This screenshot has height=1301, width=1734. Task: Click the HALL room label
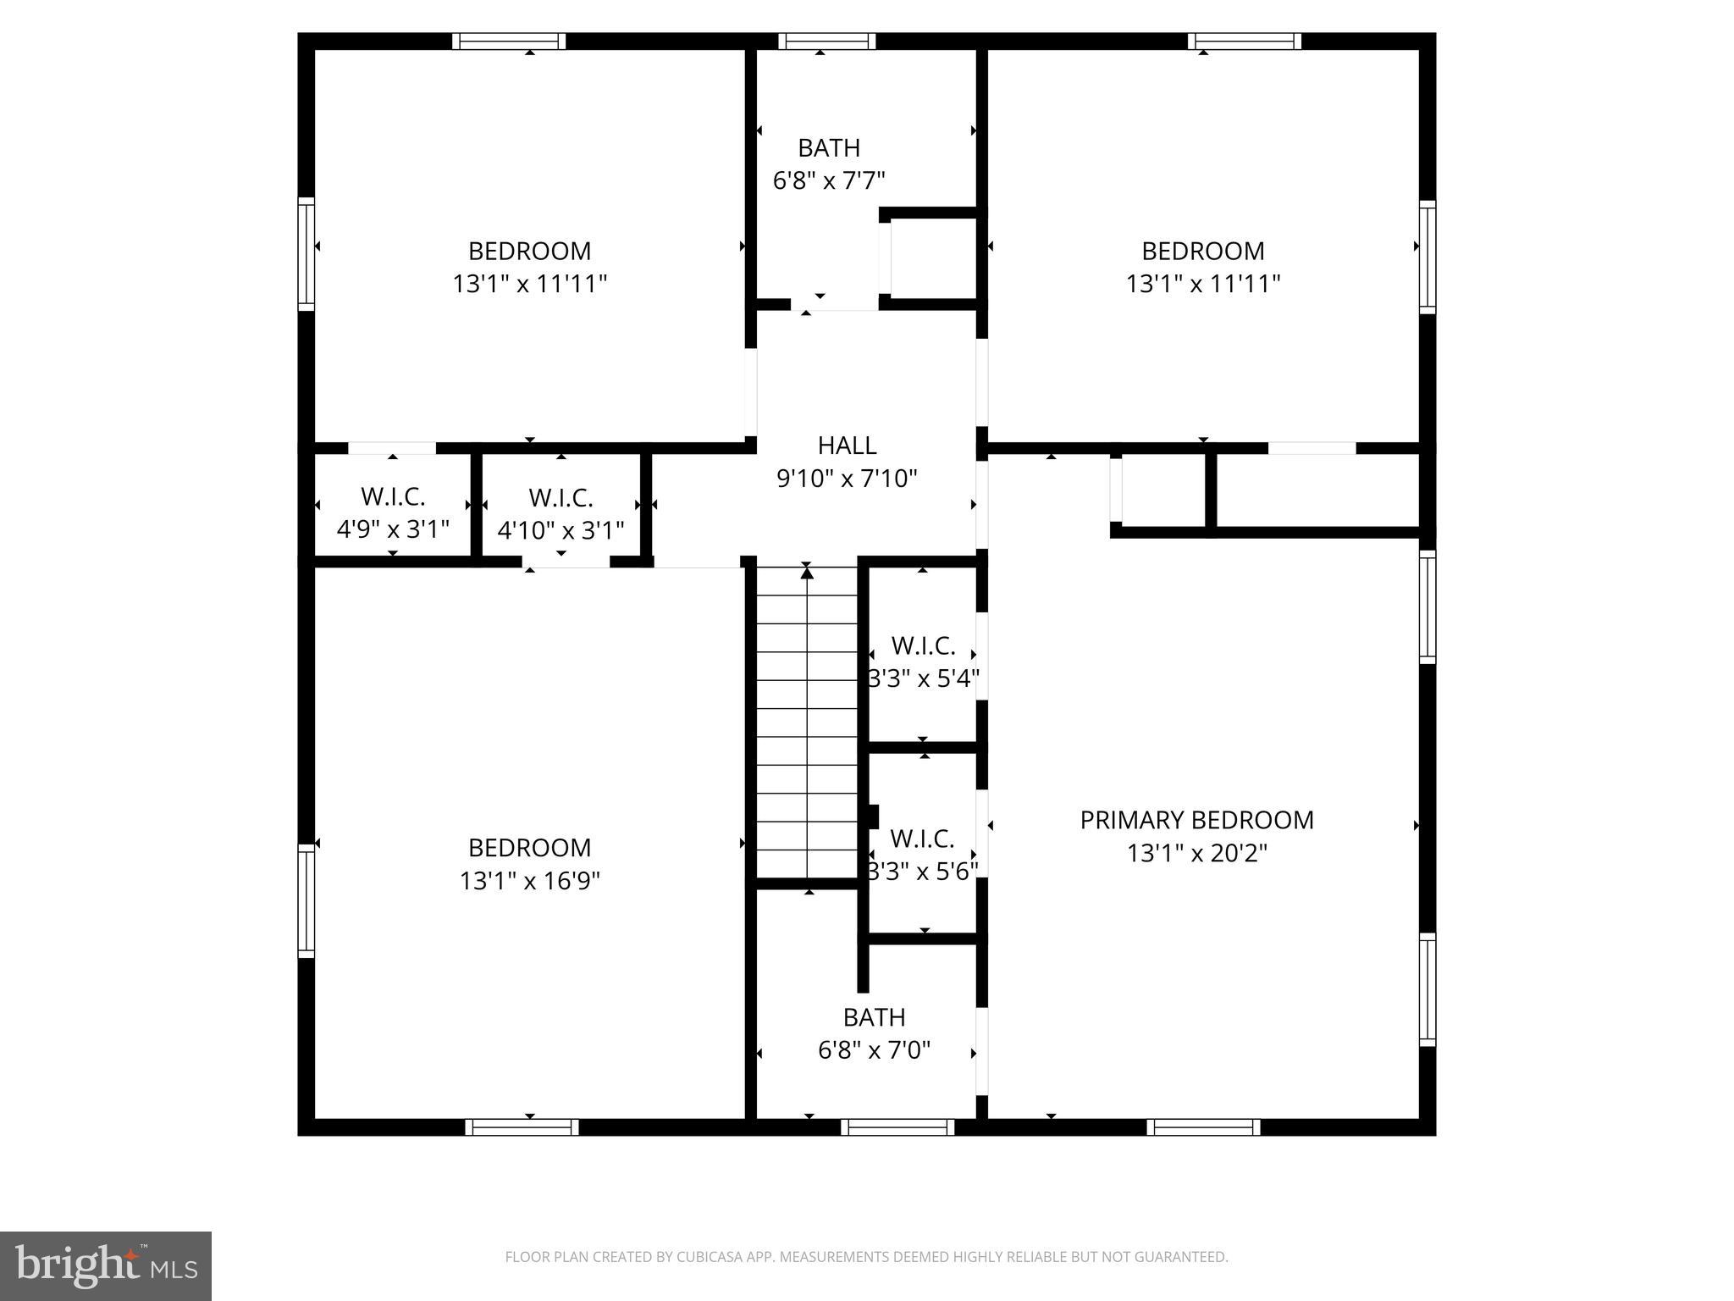(847, 446)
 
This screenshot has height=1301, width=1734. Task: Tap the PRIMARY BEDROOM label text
(1196, 820)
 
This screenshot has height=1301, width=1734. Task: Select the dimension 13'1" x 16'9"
(529, 882)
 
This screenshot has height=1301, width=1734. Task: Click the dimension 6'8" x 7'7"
(829, 180)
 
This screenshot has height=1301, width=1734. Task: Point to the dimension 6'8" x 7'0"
(874, 1050)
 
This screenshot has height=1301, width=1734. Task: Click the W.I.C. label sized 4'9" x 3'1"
(393, 496)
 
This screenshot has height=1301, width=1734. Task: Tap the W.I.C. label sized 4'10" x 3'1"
(561, 498)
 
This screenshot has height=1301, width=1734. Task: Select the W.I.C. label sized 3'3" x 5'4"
(923, 646)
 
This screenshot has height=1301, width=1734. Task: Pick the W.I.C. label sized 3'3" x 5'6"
(922, 839)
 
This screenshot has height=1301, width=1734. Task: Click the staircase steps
(807, 737)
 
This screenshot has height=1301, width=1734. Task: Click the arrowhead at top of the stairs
(807, 573)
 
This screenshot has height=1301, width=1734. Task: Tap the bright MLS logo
(106, 1265)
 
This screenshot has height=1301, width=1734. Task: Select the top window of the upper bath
(826, 42)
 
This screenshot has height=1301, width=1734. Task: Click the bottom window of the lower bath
(898, 1127)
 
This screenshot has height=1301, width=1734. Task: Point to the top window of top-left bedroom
(508, 42)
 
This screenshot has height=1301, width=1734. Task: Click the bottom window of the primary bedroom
(1203, 1127)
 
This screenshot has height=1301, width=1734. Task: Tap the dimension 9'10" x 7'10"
(847, 479)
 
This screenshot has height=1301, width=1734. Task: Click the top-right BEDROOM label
(1202, 251)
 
